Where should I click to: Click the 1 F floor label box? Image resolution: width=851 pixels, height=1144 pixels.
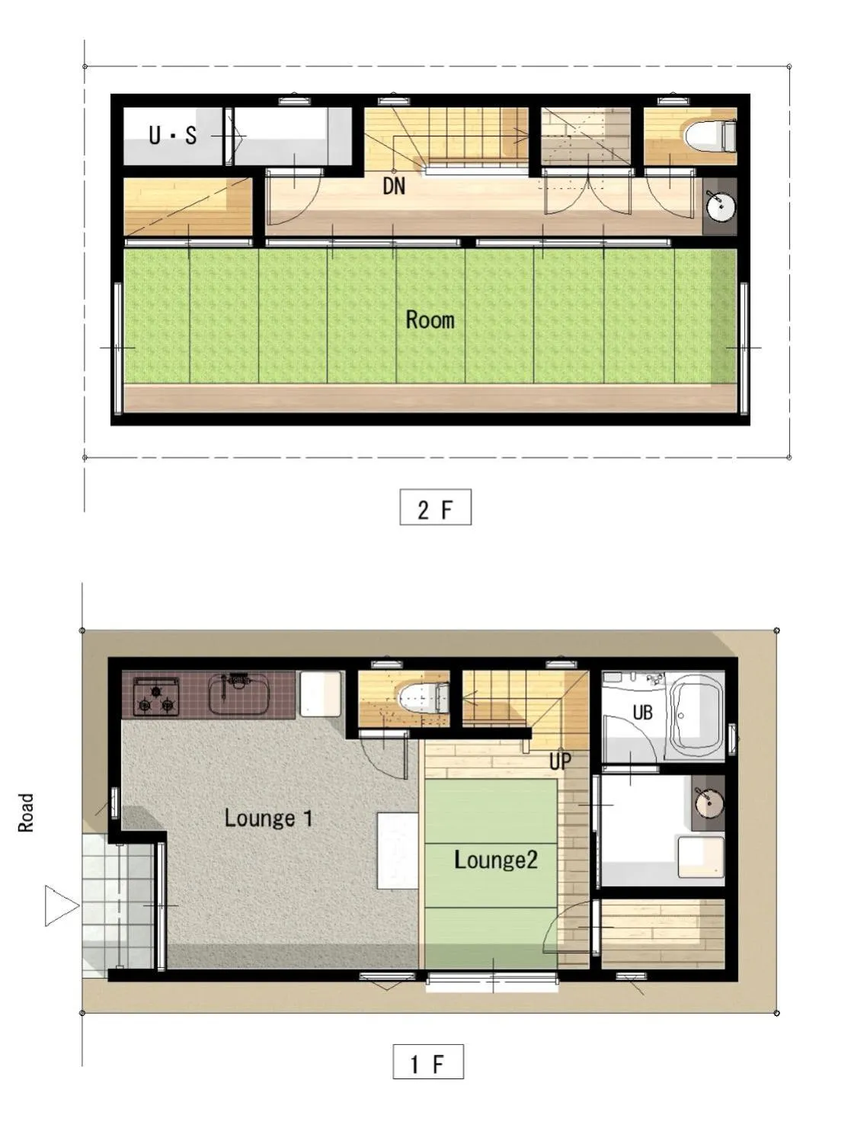[x=427, y=1062]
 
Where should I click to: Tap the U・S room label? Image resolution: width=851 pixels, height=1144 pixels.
[x=172, y=136]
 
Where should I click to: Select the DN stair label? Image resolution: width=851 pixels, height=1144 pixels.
[x=394, y=186]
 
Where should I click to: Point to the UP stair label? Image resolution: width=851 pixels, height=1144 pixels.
[x=560, y=761]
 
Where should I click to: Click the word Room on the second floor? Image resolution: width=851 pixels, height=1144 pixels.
[x=430, y=319]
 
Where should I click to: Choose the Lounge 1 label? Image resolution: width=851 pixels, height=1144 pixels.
[x=268, y=819]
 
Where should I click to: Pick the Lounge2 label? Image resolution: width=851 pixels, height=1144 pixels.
[x=495, y=860]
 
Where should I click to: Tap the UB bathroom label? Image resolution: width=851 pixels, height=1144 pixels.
[x=642, y=713]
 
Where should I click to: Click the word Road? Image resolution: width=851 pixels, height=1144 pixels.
[x=27, y=812]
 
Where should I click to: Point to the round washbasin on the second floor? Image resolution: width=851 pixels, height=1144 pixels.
[x=718, y=205]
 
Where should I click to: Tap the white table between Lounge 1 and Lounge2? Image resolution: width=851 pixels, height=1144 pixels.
[x=398, y=850]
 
